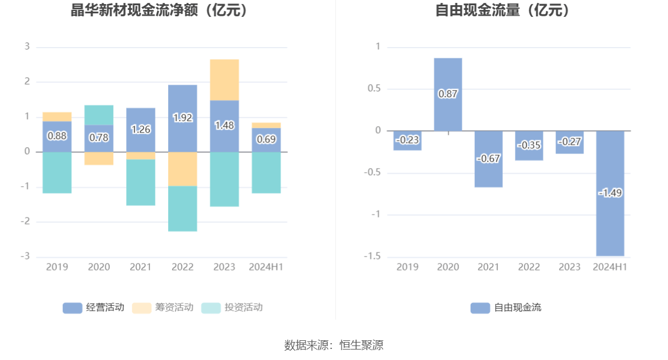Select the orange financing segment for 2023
[x=225, y=80]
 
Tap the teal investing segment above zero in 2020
[x=99, y=115]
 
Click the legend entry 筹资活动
[x=163, y=308]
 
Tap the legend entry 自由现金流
[x=506, y=308]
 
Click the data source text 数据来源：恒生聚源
[x=334, y=345]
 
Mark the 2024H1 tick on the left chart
[x=266, y=267]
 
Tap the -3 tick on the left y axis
[x=27, y=256]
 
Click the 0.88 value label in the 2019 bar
[x=57, y=136]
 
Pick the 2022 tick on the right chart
[x=529, y=267]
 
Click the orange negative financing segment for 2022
[x=183, y=169]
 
